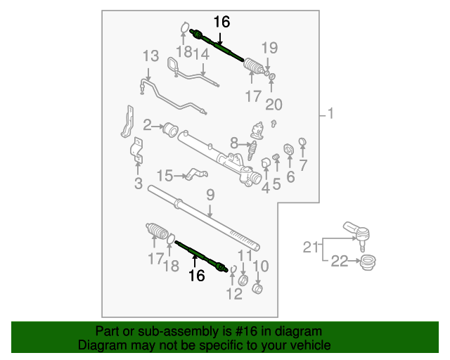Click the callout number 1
coord(332,114)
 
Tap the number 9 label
coord(210,195)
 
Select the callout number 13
coord(151,56)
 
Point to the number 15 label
coord(163,175)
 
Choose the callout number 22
coord(339,262)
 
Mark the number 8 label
coord(234,142)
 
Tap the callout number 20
coord(274,105)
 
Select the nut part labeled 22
coord(366,264)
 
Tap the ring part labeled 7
coord(302,143)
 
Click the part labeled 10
coord(257,289)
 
